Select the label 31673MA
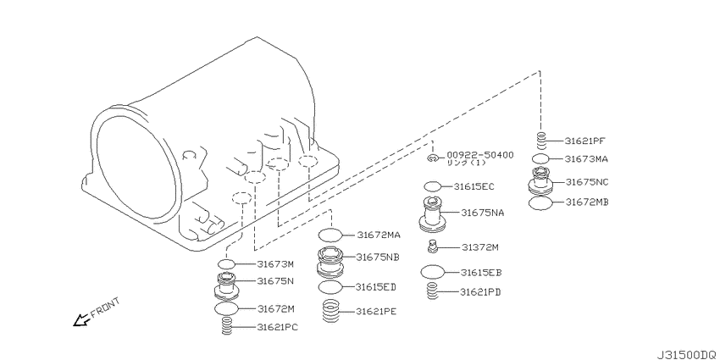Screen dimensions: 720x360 pyautogui.click(x=586, y=159)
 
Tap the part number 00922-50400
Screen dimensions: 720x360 pyautogui.click(x=479, y=156)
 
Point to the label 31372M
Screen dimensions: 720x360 pyautogui.click(x=479, y=247)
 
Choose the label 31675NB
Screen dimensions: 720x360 pyautogui.click(x=378, y=258)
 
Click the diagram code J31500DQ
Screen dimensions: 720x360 pyautogui.click(x=686, y=354)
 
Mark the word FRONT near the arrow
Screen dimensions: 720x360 pyautogui.click(x=106, y=307)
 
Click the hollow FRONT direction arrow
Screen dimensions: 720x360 pyautogui.click(x=81, y=320)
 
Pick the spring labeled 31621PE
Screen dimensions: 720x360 pyautogui.click(x=330, y=311)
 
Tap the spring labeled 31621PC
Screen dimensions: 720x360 pyautogui.click(x=226, y=327)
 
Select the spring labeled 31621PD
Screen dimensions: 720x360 pyautogui.click(x=432, y=291)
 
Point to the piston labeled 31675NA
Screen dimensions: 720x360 pyautogui.click(x=433, y=213)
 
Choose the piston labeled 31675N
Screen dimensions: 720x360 pyautogui.click(x=226, y=285)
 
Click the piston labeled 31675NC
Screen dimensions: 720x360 pyautogui.click(x=541, y=180)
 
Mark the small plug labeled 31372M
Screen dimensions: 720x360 pyautogui.click(x=432, y=246)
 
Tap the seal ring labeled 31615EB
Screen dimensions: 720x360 pyautogui.click(x=433, y=272)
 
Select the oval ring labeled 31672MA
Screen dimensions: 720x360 pyautogui.click(x=330, y=235)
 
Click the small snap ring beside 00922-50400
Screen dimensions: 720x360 pyautogui.click(x=432, y=158)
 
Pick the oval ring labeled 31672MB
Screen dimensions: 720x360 pyautogui.click(x=541, y=203)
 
